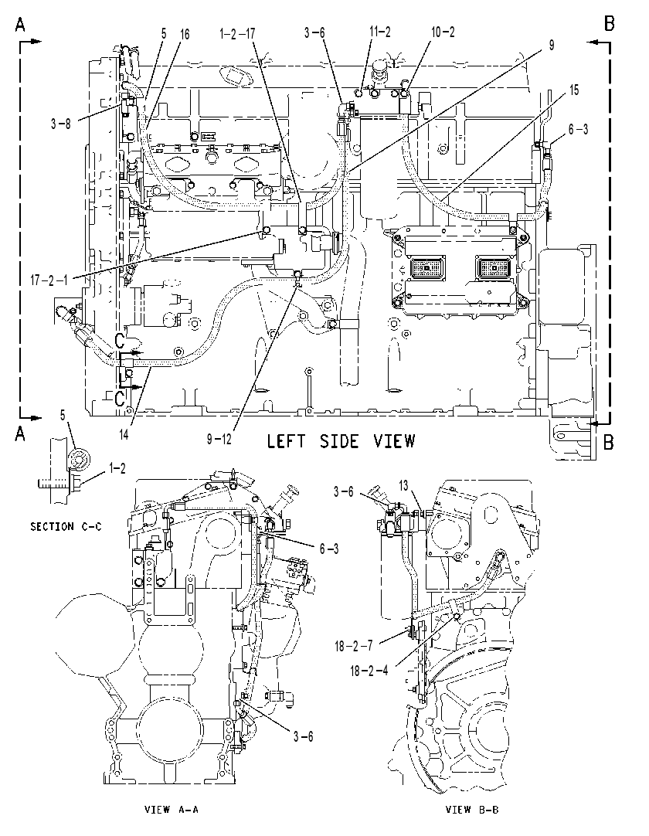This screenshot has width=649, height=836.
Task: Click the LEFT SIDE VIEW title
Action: (340, 441)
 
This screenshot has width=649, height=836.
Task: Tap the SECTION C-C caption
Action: (66, 526)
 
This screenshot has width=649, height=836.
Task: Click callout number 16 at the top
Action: (184, 34)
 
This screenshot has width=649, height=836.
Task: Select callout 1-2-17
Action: (236, 33)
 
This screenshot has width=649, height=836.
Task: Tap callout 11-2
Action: (379, 32)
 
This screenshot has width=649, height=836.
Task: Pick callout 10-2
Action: (443, 32)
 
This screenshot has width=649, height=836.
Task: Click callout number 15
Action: (573, 90)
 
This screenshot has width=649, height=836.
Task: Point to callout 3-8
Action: (61, 124)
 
